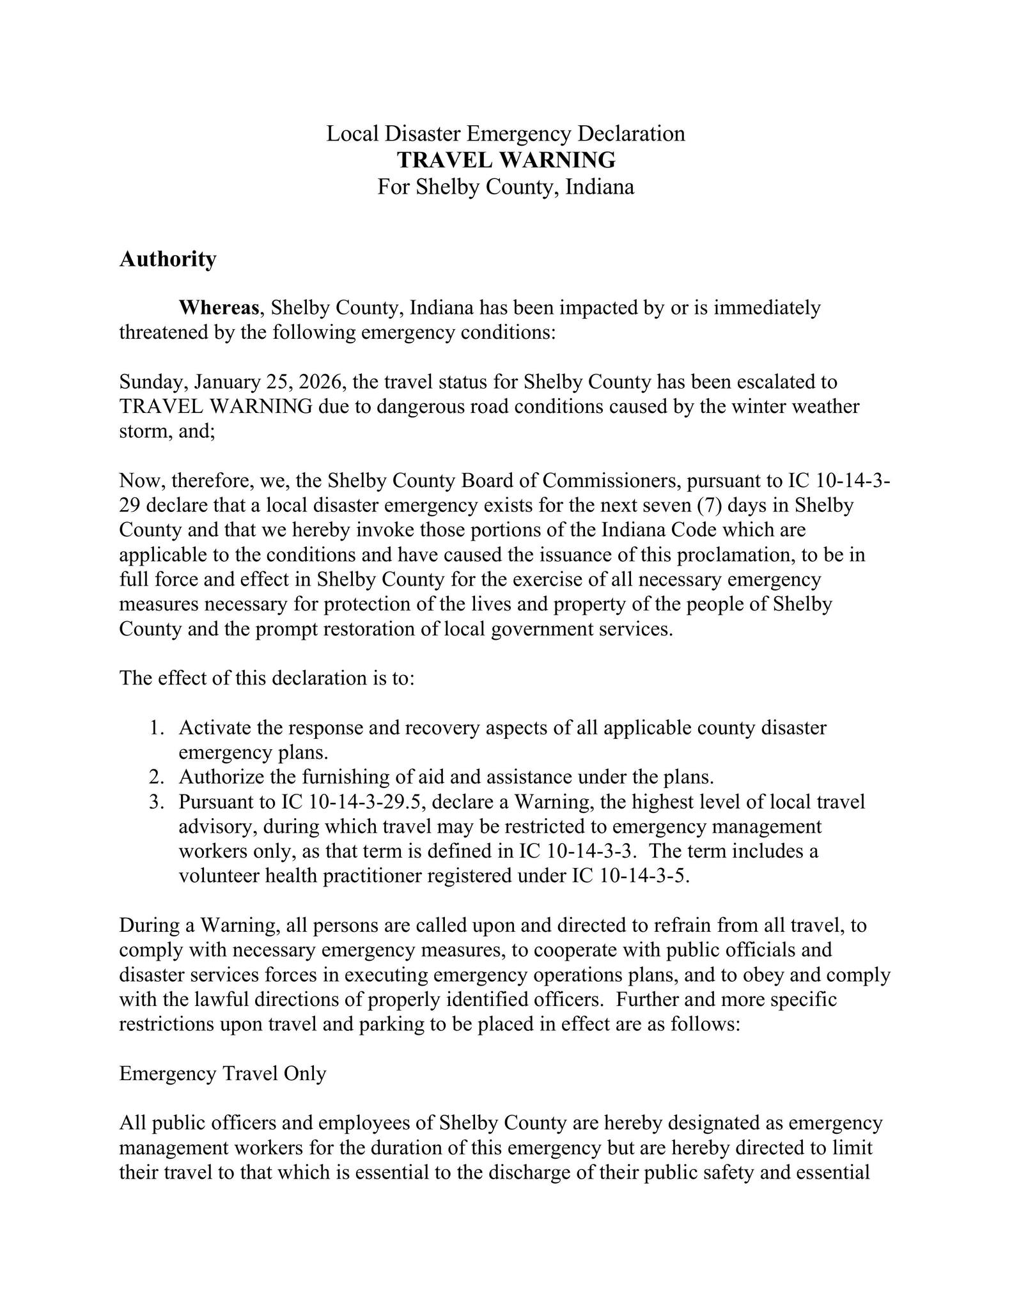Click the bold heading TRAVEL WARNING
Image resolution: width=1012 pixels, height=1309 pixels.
(506, 160)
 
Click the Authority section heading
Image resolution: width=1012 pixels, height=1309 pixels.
(167, 259)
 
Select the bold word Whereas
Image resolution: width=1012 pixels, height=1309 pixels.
(219, 308)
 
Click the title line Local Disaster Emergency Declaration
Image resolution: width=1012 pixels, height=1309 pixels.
(506, 134)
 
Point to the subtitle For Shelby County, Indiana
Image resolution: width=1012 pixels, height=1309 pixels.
(506, 187)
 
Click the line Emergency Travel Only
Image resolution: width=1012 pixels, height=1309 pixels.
(222, 1074)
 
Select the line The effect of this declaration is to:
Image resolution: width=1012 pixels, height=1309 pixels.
(267, 679)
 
